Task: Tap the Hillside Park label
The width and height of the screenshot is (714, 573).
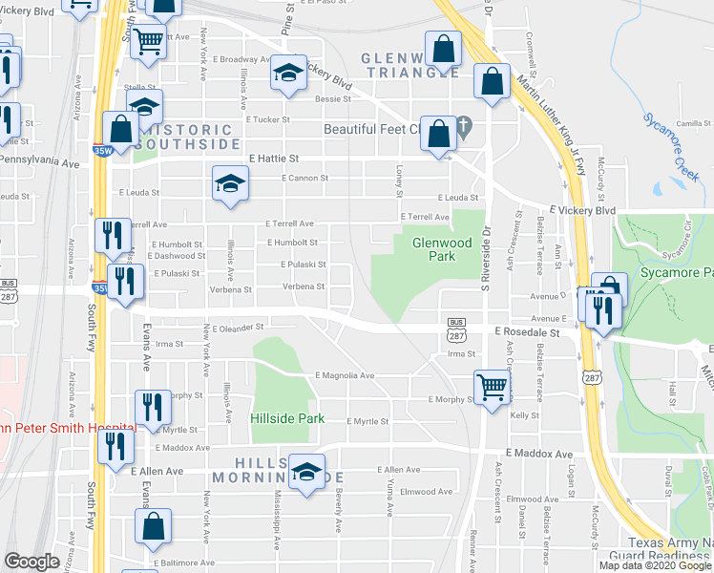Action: (287, 418)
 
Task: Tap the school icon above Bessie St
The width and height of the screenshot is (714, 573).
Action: (287, 73)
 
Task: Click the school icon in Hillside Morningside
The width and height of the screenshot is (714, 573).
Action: (306, 472)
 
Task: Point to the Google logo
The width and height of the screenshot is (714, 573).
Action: (31, 562)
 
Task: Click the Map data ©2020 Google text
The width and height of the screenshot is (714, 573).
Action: (655, 565)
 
